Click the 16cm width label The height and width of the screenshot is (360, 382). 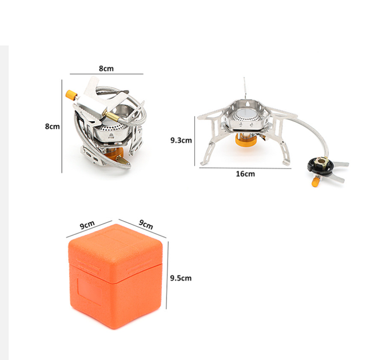pyautogui.click(x=245, y=174)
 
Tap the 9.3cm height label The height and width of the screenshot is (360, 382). pyautogui.click(x=181, y=140)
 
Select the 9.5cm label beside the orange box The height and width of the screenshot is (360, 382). pyautogui.click(x=181, y=278)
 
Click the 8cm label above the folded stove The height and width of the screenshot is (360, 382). pyautogui.click(x=106, y=69)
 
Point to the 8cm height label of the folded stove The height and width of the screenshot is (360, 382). pyautogui.click(x=52, y=126)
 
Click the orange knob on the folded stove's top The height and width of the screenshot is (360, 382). pyautogui.click(x=71, y=95)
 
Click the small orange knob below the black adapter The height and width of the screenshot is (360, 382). pyautogui.click(x=316, y=181)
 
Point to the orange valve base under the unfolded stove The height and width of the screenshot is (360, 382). pyautogui.click(x=245, y=141)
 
